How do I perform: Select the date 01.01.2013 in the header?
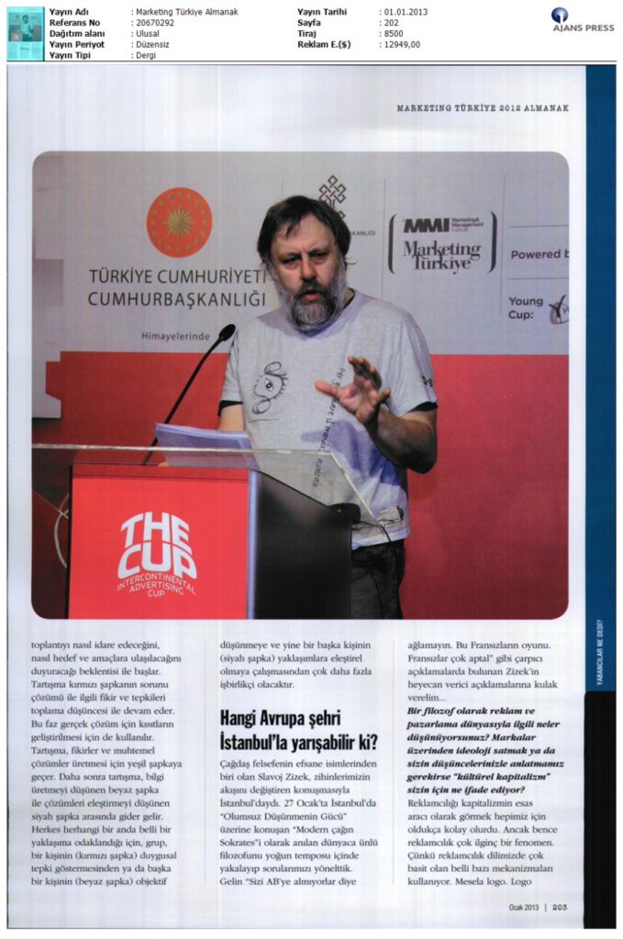[404, 12]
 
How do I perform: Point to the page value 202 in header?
[390, 22]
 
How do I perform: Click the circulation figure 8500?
[392, 32]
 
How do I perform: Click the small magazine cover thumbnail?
[25, 32]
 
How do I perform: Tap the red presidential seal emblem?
[179, 221]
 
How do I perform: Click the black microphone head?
[226, 332]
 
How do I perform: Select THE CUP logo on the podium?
[156, 547]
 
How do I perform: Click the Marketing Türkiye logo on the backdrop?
[440, 243]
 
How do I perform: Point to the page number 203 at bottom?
[561, 907]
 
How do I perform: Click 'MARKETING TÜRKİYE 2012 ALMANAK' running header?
[483, 108]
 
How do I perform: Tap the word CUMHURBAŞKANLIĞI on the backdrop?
[176, 299]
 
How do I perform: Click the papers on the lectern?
[203, 438]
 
